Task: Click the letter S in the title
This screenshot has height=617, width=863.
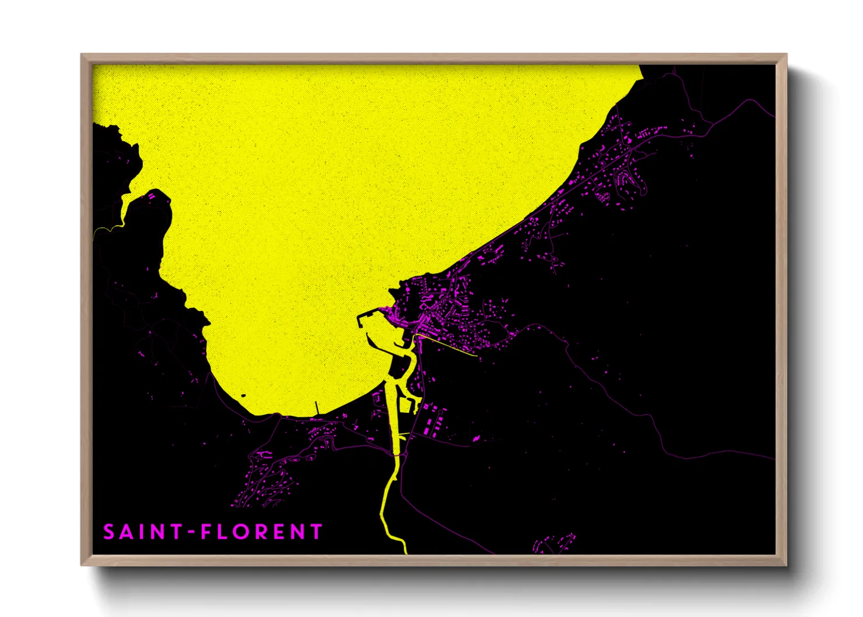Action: tap(109, 532)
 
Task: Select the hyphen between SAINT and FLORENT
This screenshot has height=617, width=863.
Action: tap(190, 532)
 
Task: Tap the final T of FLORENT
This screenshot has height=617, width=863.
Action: tap(317, 532)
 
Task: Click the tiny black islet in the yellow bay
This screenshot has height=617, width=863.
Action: tap(243, 398)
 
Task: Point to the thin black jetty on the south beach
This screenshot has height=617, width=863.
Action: tap(317, 408)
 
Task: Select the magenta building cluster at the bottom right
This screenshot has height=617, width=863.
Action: tap(554, 543)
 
